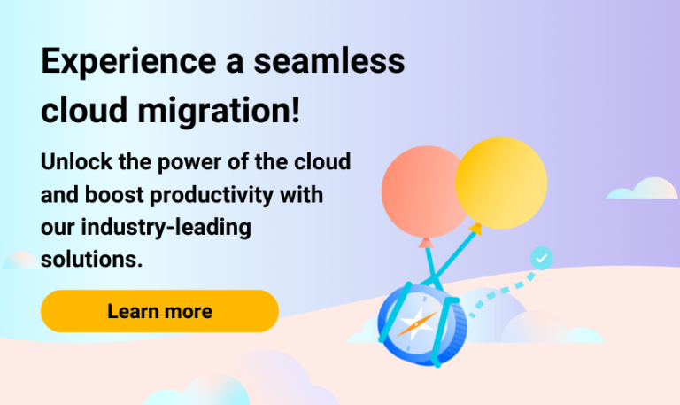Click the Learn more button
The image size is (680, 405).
click(159, 311)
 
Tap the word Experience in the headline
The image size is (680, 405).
click(128, 62)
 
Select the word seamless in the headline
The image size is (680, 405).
click(329, 61)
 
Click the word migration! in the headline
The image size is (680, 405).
click(219, 111)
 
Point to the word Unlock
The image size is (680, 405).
click(77, 161)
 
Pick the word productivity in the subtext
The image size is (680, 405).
click(212, 195)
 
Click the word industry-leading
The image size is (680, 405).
click(166, 228)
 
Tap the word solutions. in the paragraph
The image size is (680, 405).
click(91, 259)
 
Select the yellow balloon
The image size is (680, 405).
click(501, 183)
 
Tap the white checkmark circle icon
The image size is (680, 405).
click(542, 258)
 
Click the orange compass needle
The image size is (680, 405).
click(417, 324)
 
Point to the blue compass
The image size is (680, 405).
click(421, 325)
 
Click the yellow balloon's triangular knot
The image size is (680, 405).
click(475, 229)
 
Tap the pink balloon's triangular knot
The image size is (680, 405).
click(426, 243)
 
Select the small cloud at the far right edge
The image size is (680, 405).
click(642, 189)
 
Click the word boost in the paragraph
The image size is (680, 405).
click(114, 194)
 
